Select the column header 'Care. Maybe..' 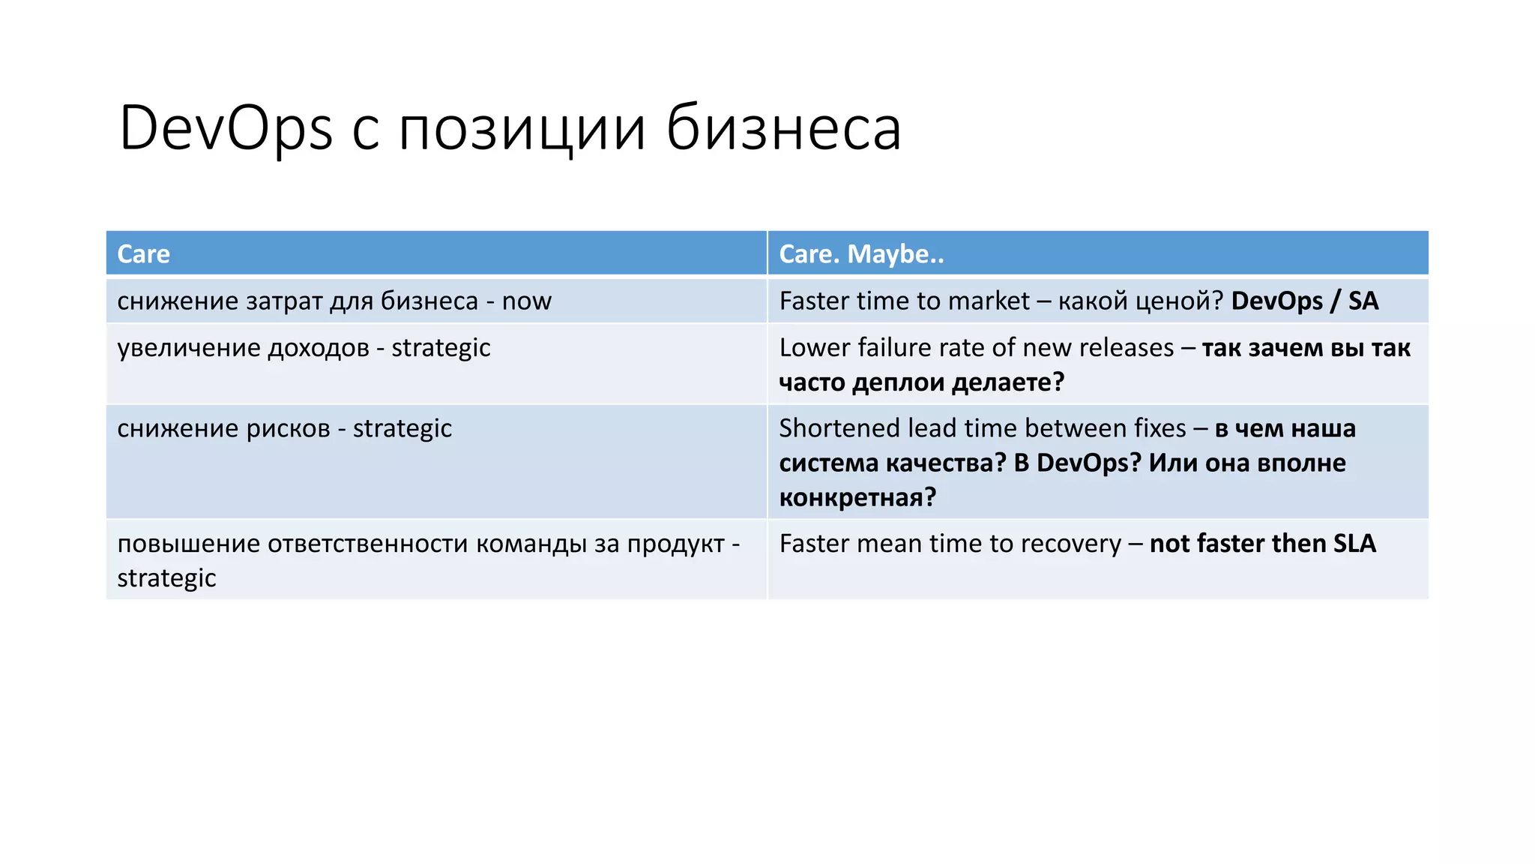click(x=861, y=254)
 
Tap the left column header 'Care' click(x=143, y=254)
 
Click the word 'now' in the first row click(x=526, y=301)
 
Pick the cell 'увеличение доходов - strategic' click(x=304, y=348)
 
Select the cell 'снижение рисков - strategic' click(x=284, y=428)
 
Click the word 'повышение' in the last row click(x=188, y=544)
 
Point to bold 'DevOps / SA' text click(x=1304, y=301)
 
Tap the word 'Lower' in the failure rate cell click(x=814, y=348)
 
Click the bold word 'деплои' click(x=899, y=382)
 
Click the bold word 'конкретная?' click(x=857, y=497)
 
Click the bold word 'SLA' click(x=1354, y=544)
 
